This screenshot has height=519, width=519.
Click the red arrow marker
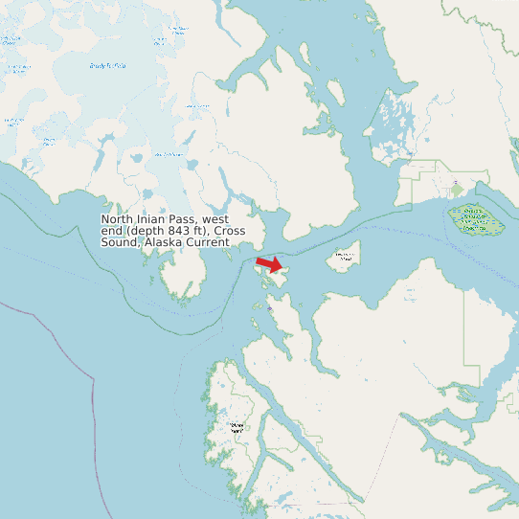pyautogui.click(x=270, y=263)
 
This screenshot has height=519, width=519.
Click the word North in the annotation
pyautogui.click(x=118, y=220)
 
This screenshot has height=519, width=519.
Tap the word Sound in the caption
pyautogui.click(x=119, y=242)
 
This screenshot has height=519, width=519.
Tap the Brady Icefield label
pyautogui.click(x=106, y=66)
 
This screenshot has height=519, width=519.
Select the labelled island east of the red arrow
pyautogui.click(x=345, y=257)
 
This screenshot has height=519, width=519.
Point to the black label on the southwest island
pyautogui.click(x=237, y=427)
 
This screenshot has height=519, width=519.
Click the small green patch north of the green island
pyautogui.click(x=457, y=187)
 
